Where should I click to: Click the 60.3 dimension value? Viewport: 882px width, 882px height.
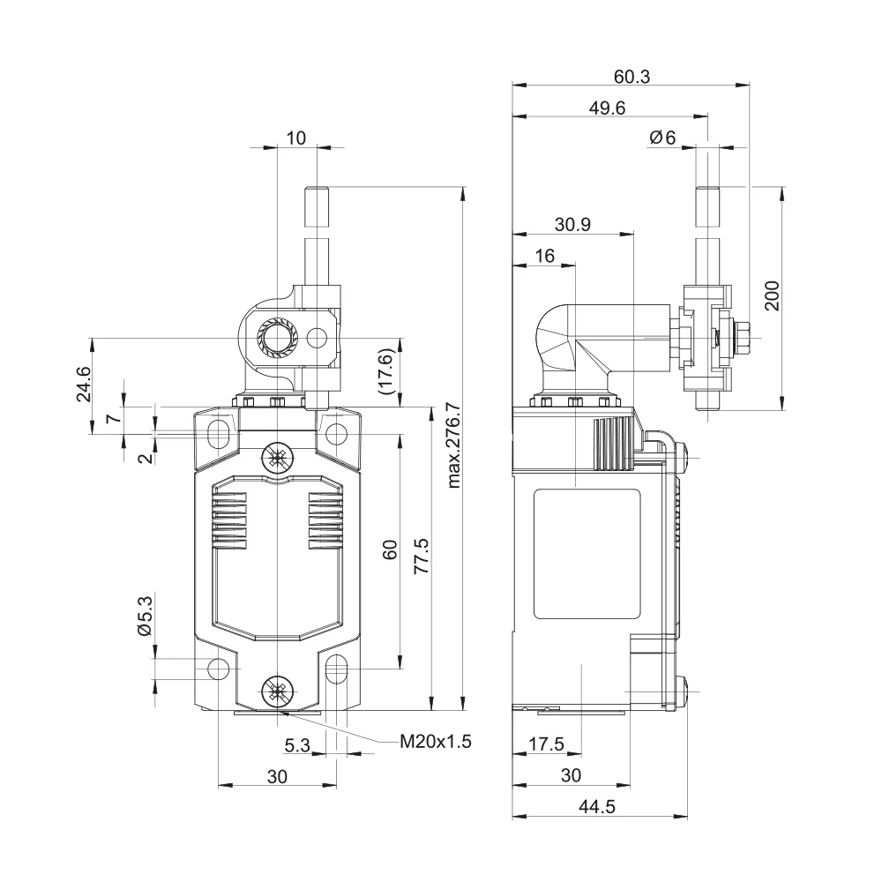click(x=632, y=77)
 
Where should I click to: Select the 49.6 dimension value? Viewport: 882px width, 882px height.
click(x=607, y=108)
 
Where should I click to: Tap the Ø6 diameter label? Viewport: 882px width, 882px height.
click(x=662, y=138)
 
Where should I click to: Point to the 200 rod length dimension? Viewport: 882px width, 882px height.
click(x=773, y=295)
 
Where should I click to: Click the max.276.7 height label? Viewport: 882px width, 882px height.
click(x=453, y=445)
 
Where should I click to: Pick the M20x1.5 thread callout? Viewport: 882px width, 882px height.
click(x=436, y=742)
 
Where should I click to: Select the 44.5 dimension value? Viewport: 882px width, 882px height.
click(x=597, y=807)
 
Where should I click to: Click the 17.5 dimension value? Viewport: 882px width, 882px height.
click(x=546, y=744)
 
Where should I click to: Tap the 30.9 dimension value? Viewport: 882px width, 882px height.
click(x=572, y=224)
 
